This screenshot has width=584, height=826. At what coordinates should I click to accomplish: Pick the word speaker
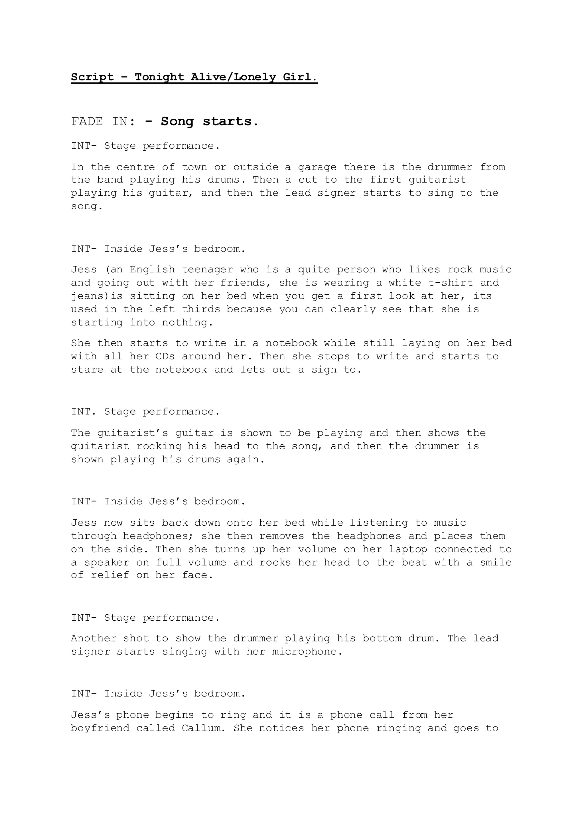tap(106, 563)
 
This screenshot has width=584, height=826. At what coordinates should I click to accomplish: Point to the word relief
tap(110, 576)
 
